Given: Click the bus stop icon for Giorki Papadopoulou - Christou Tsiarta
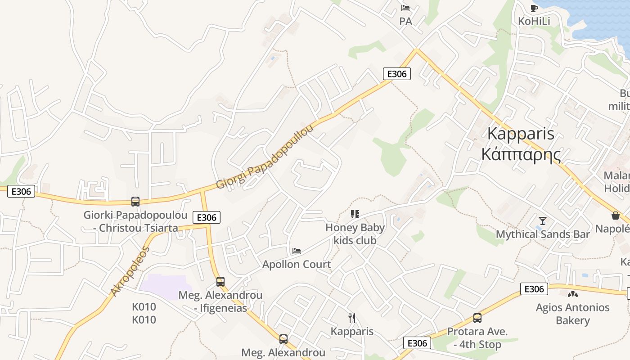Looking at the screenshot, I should (135, 202).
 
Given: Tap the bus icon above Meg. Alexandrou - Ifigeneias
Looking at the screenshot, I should (220, 282).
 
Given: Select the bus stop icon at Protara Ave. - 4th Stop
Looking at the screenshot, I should (477, 318).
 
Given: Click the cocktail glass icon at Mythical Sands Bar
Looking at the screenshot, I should (543, 221).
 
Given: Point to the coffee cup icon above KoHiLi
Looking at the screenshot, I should (534, 8).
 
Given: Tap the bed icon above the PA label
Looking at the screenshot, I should (405, 8).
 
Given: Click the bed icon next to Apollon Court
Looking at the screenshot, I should (297, 251).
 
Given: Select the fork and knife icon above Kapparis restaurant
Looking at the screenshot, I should (352, 318).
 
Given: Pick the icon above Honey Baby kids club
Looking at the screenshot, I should (355, 214).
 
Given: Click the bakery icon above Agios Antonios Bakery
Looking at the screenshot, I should (572, 294).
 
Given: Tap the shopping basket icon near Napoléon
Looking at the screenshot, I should (615, 216).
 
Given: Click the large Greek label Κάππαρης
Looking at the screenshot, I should (521, 154).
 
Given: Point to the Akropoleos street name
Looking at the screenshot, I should (129, 271).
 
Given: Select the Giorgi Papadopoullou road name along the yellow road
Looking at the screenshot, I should (265, 157).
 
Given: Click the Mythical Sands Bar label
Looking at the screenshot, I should (543, 234).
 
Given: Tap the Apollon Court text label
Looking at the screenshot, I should (297, 264).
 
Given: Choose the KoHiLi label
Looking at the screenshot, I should (534, 21).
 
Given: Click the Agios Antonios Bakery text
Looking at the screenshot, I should (572, 314).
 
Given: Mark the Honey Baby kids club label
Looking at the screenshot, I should (355, 234).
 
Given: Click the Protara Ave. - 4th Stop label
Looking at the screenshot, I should (477, 338).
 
